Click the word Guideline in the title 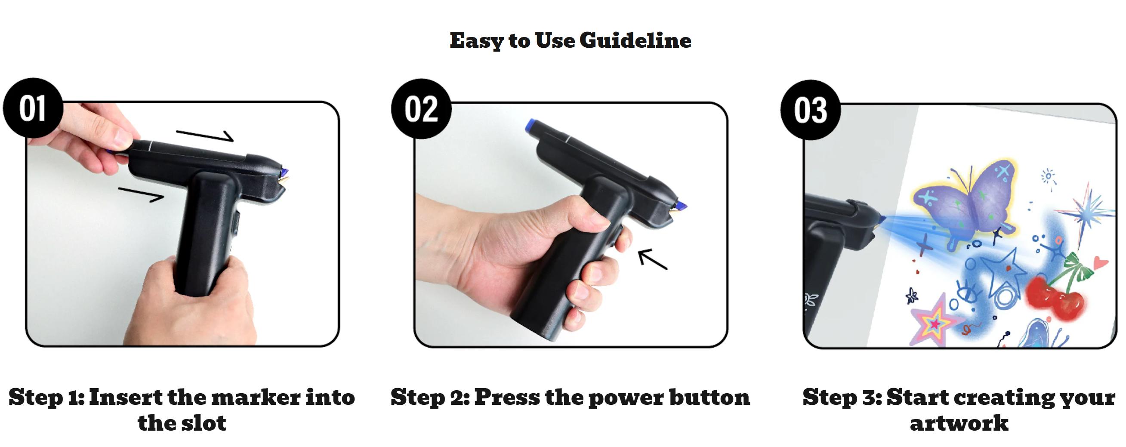[635, 40]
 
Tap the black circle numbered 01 [33, 108]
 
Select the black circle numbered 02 [420, 109]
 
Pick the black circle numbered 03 [810, 110]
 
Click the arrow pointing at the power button [652, 259]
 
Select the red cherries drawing [1053, 297]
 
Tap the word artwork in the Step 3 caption [959, 423]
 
